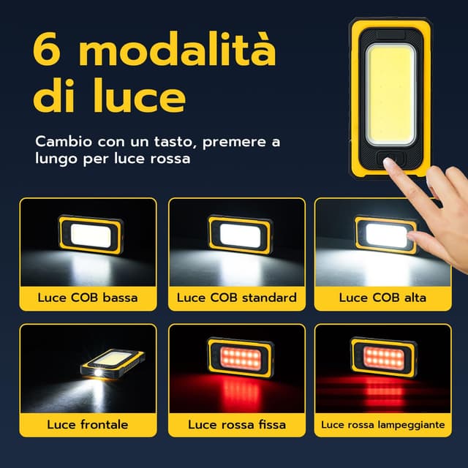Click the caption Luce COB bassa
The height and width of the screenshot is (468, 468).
click(x=88, y=298)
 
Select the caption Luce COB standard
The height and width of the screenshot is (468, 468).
click(x=236, y=298)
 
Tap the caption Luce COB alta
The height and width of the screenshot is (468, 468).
click(x=382, y=298)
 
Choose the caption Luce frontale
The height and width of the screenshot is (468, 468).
click(x=88, y=424)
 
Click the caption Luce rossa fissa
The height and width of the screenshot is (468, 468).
click(x=236, y=424)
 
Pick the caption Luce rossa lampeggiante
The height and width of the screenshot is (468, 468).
click(x=382, y=424)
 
